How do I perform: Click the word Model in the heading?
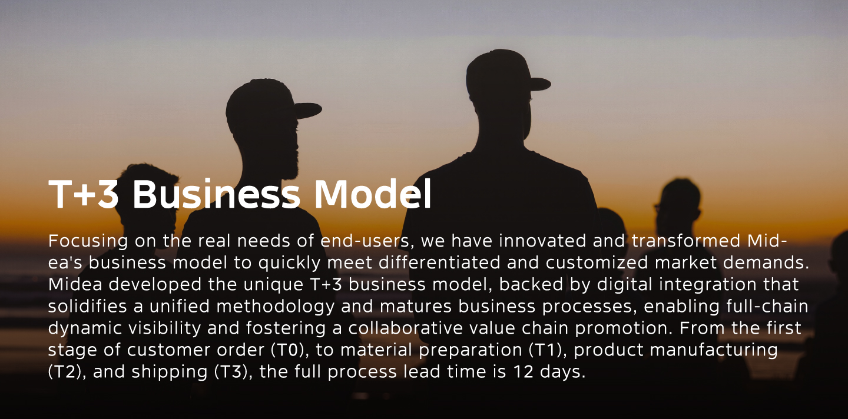[x=373, y=194]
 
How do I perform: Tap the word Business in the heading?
[x=216, y=194]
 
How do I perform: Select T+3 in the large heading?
[x=83, y=194]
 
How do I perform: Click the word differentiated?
[x=439, y=262]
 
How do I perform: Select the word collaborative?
[x=405, y=328]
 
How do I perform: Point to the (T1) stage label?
[x=548, y=350]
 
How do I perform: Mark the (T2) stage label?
[x=65, y=372]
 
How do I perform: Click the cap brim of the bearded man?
[x=307, y=111]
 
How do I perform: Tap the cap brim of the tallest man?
[x=539, y=84]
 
